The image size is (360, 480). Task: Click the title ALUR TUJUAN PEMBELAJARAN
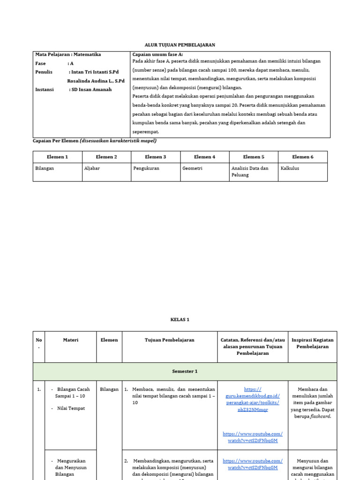(180, 45)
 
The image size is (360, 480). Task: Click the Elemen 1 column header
(57, 157)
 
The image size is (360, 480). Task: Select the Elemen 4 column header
(204, 157)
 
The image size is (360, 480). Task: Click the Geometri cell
(192, 168)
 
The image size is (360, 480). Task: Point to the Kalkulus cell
(289, 168)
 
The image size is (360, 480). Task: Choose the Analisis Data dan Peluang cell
(250, 172)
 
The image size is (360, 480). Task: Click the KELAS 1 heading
(180, 320)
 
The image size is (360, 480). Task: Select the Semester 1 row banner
(184, 371)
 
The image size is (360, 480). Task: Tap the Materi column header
(70, 340)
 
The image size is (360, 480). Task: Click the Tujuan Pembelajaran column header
(169, 340)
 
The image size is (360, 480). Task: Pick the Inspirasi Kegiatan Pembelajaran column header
(312, 343)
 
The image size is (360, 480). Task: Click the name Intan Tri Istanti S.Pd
(94, 72)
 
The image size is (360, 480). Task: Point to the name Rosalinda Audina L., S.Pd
(96, 81)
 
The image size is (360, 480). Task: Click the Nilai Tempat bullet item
(71, 408)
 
